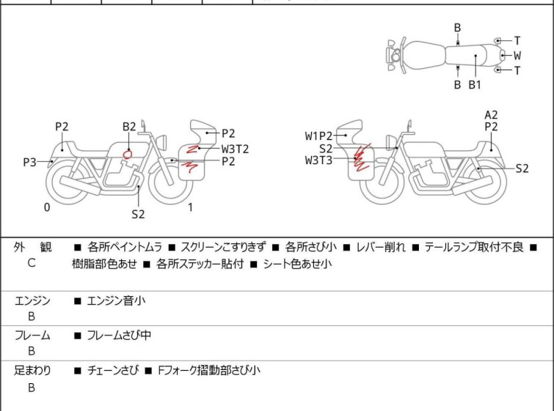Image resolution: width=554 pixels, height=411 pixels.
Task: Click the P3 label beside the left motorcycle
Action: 29,162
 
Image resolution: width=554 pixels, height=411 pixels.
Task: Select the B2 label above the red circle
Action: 129,126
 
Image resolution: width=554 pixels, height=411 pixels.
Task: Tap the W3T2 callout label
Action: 236,148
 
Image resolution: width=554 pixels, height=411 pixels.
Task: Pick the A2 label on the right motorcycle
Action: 491,114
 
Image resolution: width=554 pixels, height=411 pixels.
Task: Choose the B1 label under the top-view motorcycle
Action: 475,85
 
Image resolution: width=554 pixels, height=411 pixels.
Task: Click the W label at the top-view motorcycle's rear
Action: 517,55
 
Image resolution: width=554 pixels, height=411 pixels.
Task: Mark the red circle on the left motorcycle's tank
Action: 128,154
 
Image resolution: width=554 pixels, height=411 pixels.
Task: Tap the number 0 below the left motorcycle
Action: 47,207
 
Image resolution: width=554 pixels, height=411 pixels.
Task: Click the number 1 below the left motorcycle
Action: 190,207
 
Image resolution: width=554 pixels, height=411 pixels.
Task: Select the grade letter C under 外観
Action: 32,262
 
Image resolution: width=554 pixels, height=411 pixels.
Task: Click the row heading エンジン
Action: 32,300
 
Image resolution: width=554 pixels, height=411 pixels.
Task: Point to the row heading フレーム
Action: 32,336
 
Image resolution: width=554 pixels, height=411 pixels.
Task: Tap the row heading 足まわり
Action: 32,371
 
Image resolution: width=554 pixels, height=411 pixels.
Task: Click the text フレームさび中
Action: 119,336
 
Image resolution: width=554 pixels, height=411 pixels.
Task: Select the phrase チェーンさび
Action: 112,371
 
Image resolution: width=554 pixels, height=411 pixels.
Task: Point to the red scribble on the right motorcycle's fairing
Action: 360,158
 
